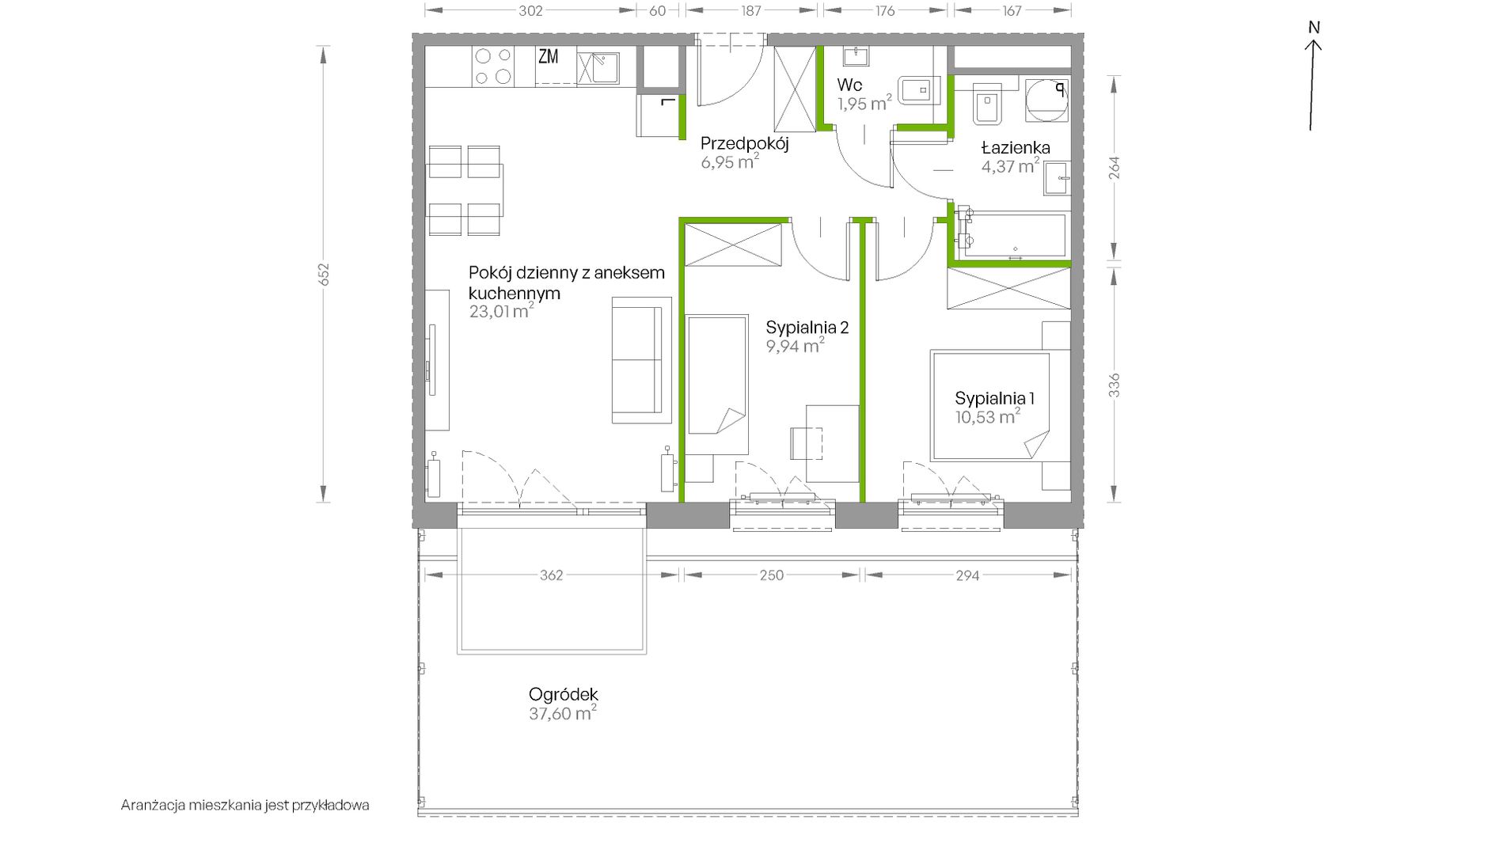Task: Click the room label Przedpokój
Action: pyautogui.click(x=744, y=144)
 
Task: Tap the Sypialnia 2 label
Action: pyautogui.click(x=807, y=328)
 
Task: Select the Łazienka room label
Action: pyautogui.click(x=1016, y=147)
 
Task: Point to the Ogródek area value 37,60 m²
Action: pyautogui.click(x=562, y=713)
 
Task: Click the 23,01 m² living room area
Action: pyautogui.click(x=501, y=311)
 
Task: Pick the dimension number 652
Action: pyautogui.click(x=323, y=274)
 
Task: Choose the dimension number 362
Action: pyautogui.click(x=552, y=575)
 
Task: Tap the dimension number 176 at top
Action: pyautogui.click(x=885, y=11)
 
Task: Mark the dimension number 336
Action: pyautogui.click(x=1114, y=385)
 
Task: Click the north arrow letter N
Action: pyautogui.click(x=1314, y=28)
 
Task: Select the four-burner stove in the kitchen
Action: pyautogui.click(x=492, y=66)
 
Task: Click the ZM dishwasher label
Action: pyautogui.click(x=549, y=57)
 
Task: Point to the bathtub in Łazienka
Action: pyautogui.click(x=1012, y=234)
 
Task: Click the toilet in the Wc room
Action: pyautogui.click(x=918, y=89)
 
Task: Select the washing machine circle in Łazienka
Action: pyautogui.click(x=1046, y=101)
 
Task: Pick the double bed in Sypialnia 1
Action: pyautogui.click(x=991, y=406)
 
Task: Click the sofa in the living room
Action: pyautogui.click(x=641, y=360)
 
